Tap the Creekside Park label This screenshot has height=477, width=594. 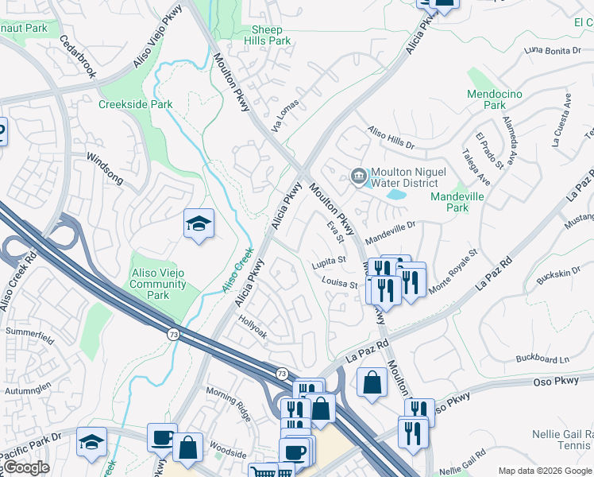[x=135, y=104]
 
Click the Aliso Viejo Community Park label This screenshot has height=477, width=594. [x=158, y=284]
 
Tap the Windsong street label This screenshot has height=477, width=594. [x=104, y=169]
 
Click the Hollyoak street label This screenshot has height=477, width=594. [x=253, y=328]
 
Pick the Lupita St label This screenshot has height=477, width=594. [x=330, y=259]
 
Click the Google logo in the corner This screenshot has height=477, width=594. [x=26, y=467]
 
